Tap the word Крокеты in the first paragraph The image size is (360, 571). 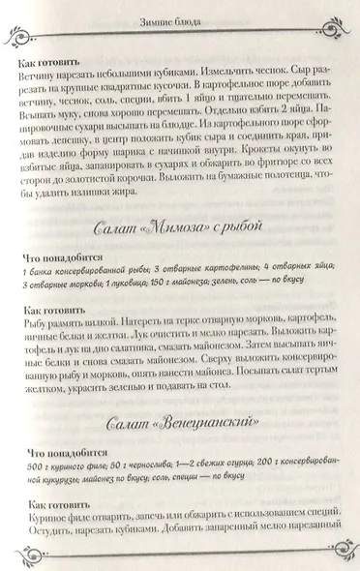255,165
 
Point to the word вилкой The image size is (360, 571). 111,327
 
